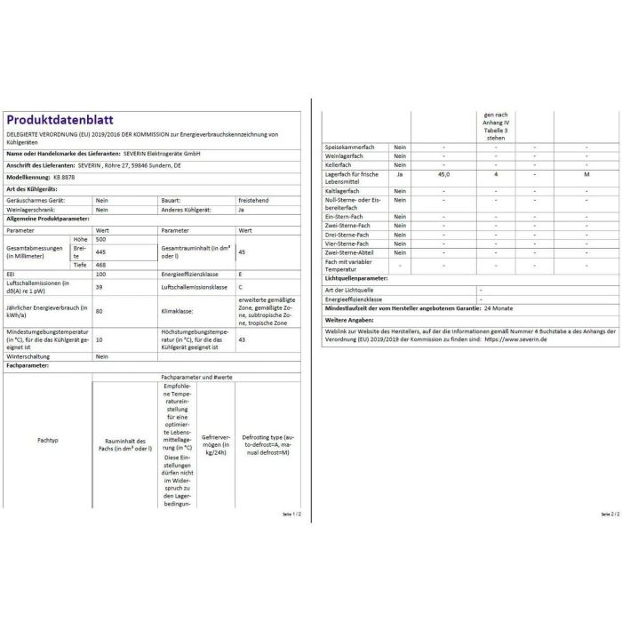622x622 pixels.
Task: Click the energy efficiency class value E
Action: pyautogui.click(x=240, y=275)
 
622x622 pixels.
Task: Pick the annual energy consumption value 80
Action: pyautogui.click(x=99, y=311)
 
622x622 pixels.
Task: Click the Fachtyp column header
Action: pyautogui.click(x=48, y=441)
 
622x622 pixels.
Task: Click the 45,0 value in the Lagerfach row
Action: pyautogui.click(x=444, y=174)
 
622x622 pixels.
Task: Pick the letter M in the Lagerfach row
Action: pyautogui.click(x=586, y=174)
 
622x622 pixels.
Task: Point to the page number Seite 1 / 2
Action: pyautogui.click(x=290, y=514)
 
